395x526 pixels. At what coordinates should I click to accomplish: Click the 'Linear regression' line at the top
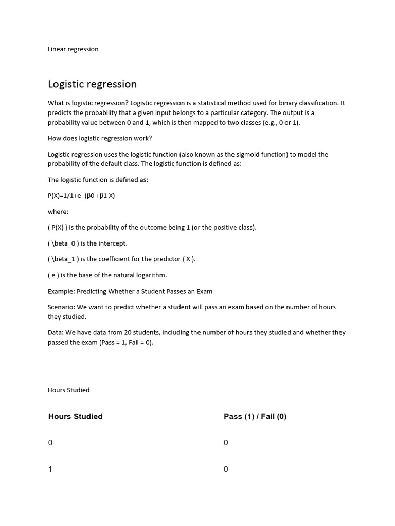click(73, 49)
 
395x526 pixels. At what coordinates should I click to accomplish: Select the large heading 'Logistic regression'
click(92, 84)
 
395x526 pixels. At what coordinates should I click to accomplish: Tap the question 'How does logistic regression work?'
click(100, 138)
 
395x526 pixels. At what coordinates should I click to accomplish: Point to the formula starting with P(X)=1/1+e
click(81, 196)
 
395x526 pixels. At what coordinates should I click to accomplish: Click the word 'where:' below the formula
click(58, 212)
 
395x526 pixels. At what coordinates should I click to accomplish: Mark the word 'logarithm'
click(150, 275)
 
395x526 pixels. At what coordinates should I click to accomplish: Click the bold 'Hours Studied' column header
click(75, 417)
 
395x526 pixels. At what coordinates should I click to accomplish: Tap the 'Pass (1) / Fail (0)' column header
click(255, 417)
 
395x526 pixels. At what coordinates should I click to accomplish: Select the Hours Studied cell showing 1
click(50, 469)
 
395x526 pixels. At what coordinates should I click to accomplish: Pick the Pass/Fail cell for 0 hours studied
click(226, 443)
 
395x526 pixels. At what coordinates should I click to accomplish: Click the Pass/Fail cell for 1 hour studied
click(226, 469)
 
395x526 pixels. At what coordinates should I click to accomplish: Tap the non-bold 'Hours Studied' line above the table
click(68, 390)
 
